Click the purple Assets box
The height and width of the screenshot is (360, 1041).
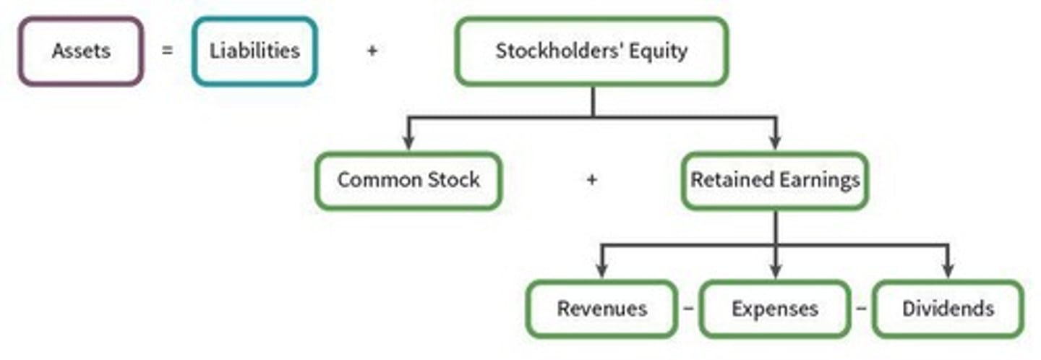click(x=80, y=51)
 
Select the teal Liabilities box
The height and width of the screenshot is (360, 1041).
click(x=254, y=51)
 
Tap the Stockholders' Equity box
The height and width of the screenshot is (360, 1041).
click(x=591, y=51)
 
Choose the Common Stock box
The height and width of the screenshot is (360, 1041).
click(x=408, y=180)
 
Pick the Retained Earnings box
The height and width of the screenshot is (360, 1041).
click(x=775, y=180)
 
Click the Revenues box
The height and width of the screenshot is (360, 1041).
click(x=601, y=309)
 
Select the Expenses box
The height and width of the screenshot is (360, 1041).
click(x=775, y=309)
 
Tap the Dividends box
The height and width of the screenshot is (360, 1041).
click(x=948, y=309)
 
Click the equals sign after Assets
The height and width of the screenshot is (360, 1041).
click(x=168, y=51)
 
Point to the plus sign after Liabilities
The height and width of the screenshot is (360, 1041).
click(x=372, y=51)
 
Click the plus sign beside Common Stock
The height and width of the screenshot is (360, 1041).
click(x=591, y=180)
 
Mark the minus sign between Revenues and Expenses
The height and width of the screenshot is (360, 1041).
click(x=688, y=309)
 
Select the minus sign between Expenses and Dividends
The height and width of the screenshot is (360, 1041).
click(x=861, y=309)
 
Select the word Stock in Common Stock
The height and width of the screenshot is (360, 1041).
click(x=451, y=180)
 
